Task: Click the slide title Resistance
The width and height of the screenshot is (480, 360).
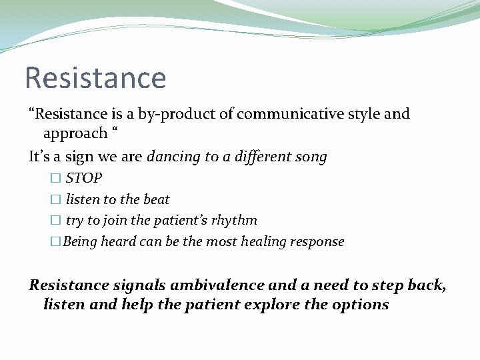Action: [95, 77]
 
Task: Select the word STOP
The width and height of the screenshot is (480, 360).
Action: [84, 179]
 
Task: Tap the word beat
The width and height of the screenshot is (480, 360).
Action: [157, 199]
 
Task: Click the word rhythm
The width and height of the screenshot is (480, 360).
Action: [235, 221]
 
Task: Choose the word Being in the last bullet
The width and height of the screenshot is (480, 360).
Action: [79, 241]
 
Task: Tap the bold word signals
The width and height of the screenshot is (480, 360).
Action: [139, 285]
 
